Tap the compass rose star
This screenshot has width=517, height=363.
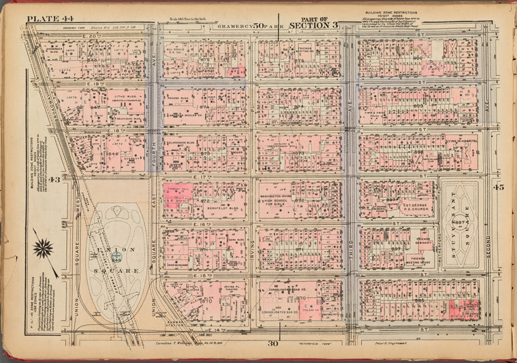tap(43, 248)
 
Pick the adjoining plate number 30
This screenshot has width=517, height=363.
tap(279, 345)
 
